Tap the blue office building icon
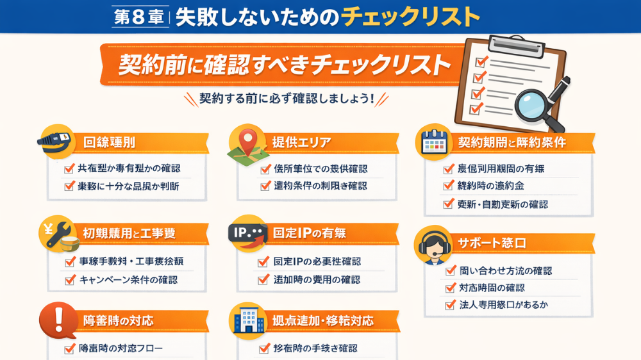[x=247, y=319]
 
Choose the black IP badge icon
[x=247, y=233]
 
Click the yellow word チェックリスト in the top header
[x=410, y=16]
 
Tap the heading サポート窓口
[x=492, y=243]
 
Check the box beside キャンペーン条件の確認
[x=70, y=280]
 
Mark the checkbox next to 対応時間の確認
[x=450, y=288]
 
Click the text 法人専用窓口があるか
[x=504, y=305]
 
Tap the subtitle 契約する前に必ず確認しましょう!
[x=286, y=99]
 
